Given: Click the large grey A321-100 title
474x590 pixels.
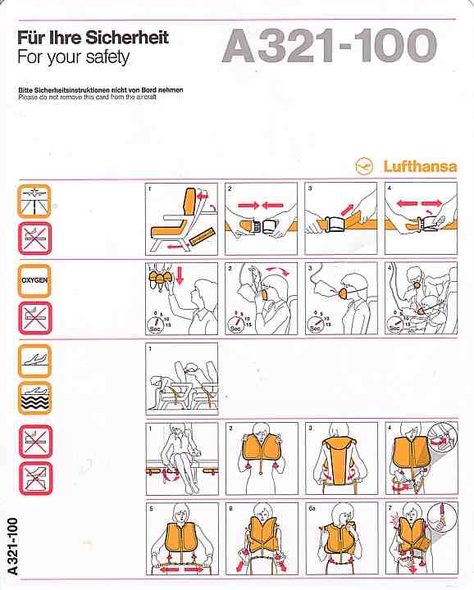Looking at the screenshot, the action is pos(330,46).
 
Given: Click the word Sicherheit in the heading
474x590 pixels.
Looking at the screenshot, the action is pos(127,38).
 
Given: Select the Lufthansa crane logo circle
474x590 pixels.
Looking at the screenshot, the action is pos(364,166).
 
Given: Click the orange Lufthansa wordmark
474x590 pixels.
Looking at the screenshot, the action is pos(420,166).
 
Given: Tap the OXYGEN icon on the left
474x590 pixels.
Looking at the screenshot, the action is pos(34,280).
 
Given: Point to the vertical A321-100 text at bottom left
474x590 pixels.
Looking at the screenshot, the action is pos(12,547).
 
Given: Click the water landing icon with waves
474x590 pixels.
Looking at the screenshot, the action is pos(34,398).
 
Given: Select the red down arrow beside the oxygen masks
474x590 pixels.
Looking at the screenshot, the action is pos(180,275).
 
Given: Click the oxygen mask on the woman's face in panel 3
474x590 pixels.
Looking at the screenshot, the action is pos(344,293).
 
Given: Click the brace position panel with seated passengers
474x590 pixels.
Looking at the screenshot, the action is pos(182,379).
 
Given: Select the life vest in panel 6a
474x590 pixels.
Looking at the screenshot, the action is pos(340,538).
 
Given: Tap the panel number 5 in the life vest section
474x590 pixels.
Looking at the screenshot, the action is pos(152,508).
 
